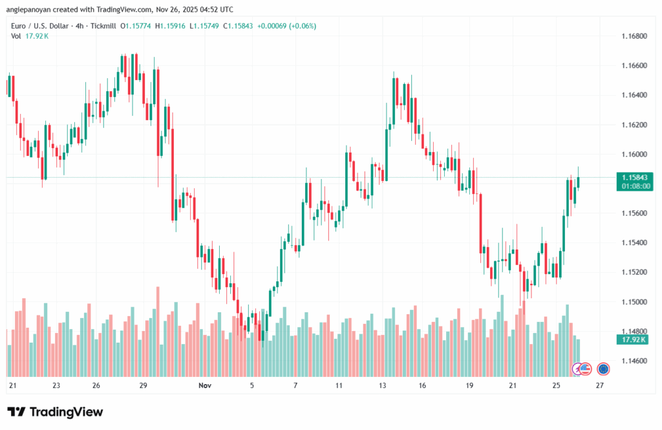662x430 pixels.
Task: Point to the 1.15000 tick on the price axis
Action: tap(634, 301)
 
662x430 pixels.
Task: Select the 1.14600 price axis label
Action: tap(634, 360)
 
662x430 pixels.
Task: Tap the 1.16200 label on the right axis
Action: tap(634, 124)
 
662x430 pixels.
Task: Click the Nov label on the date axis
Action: tap(205, 385)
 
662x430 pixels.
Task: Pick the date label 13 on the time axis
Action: tap(383, 385)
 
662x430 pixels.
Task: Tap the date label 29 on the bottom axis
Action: tap(144, 385)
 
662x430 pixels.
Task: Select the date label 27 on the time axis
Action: tap(599, 385)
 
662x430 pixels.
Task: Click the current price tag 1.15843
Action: tap(634, 177)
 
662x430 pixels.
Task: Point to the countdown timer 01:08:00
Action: tap(634, 186)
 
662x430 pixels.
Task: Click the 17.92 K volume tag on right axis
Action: tap(634, 339)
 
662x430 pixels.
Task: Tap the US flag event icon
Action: tap(585, 369)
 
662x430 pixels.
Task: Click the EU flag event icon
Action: tap(603, 369)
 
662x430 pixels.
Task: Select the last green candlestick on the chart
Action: tap(579, 182)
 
